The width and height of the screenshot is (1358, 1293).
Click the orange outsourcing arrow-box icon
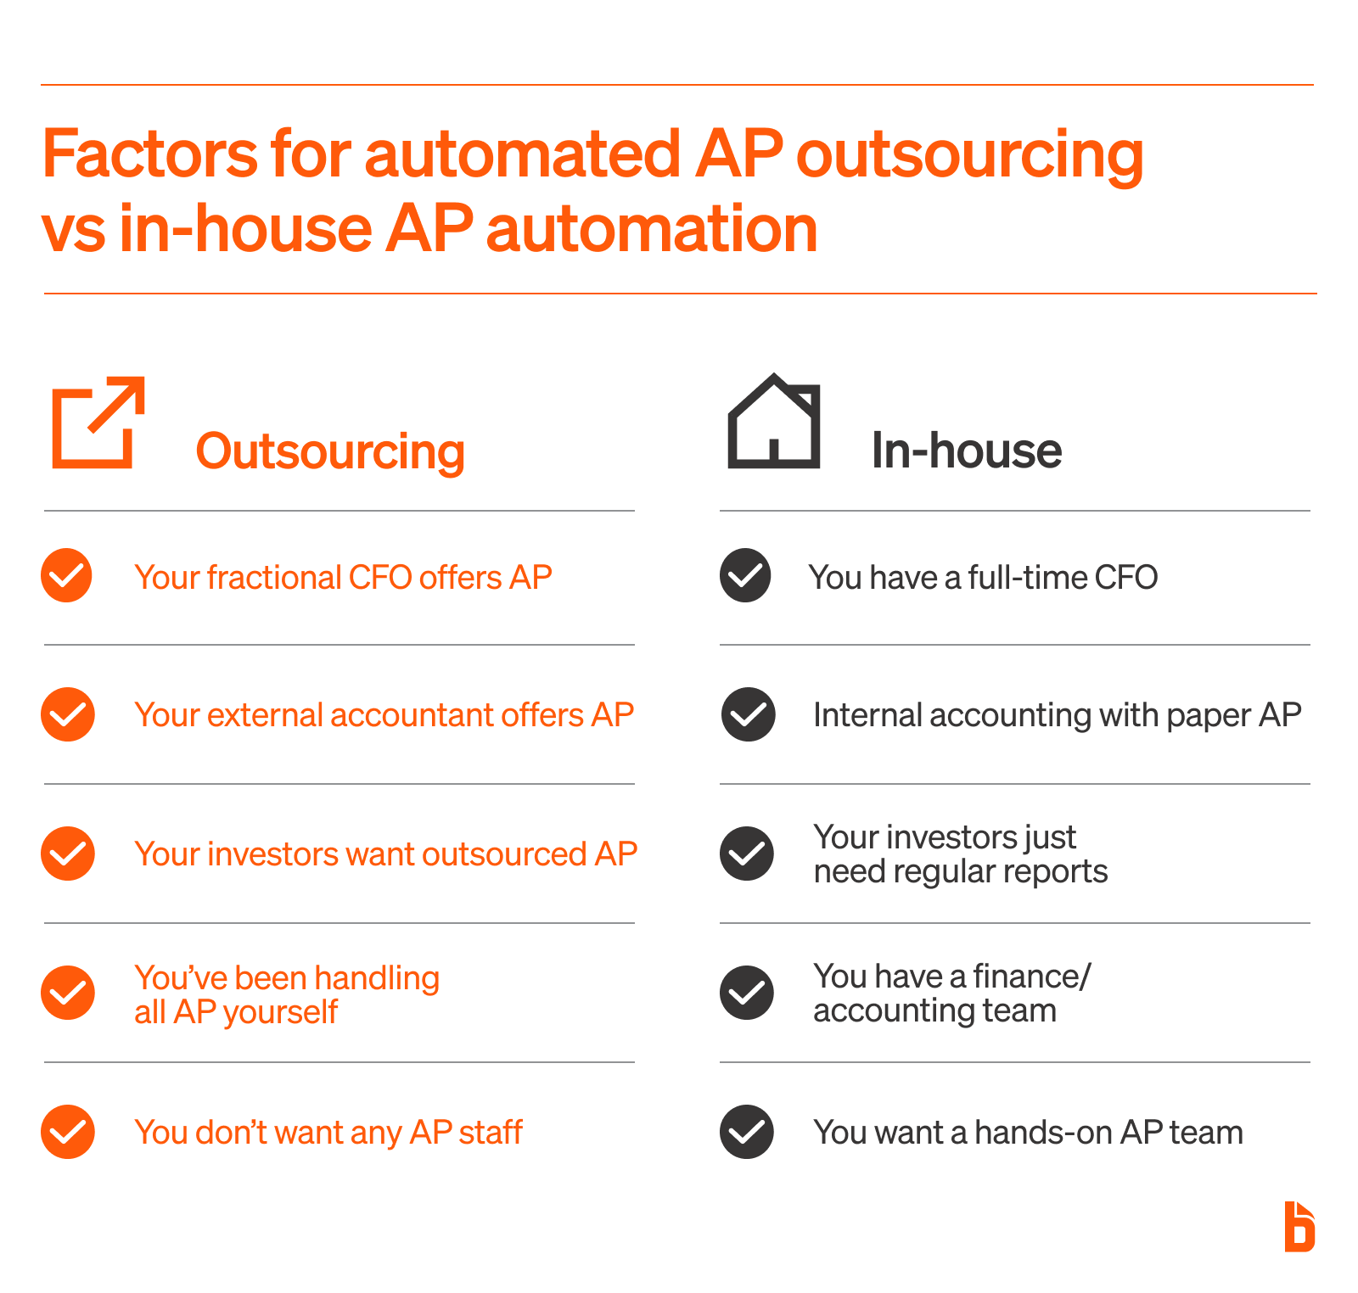click(98, 423)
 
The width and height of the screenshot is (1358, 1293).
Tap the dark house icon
click(773, 422)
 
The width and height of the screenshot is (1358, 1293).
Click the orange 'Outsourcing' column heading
click(330, 451)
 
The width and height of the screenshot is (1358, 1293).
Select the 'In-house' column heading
click(966, 450)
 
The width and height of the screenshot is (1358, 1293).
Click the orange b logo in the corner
click(1299, 1227)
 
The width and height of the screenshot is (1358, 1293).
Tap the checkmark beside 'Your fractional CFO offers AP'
click(66, 576)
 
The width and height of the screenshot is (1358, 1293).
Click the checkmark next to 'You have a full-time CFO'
click(745, 576)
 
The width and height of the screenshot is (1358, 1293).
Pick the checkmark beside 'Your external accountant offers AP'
click(67, 714)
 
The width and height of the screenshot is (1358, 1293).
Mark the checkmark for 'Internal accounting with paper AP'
click(748, 714)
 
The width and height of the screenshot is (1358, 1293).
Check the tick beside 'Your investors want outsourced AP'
click(67, 854)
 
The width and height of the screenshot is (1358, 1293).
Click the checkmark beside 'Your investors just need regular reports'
click(747, 854)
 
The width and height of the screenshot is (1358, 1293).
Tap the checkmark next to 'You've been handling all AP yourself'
click(67, 993)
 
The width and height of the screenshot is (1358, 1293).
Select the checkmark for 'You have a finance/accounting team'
click(747, 993)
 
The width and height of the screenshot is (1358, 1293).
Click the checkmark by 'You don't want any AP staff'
click(67, 1132)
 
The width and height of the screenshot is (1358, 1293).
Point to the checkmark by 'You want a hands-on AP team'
click(747, 1132)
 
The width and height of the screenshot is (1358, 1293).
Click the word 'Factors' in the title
click(149, 154)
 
